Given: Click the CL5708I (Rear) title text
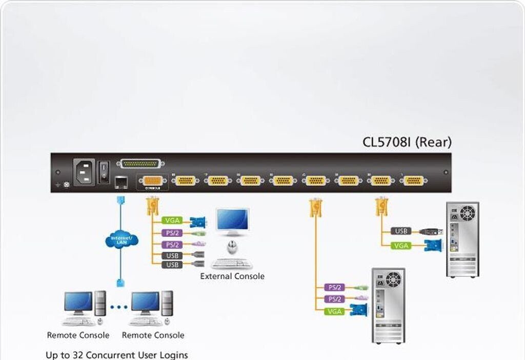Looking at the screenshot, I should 407,142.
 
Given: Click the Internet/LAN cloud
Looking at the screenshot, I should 121,240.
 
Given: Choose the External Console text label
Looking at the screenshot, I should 232,276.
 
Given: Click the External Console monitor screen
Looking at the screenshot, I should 233,221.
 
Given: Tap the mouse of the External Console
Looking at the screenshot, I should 233,248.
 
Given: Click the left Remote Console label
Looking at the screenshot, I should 78,335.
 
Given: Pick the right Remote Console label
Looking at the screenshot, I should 153,335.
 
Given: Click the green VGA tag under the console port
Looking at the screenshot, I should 171,221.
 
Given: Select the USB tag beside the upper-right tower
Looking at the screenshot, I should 401,231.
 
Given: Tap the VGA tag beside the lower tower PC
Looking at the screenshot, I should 334,311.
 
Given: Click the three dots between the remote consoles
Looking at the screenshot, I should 118,308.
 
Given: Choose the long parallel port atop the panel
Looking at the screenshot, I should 140,164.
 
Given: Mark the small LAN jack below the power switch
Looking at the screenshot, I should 122,181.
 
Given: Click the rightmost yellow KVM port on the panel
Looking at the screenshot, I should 414,181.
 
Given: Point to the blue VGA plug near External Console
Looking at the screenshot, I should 197,222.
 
